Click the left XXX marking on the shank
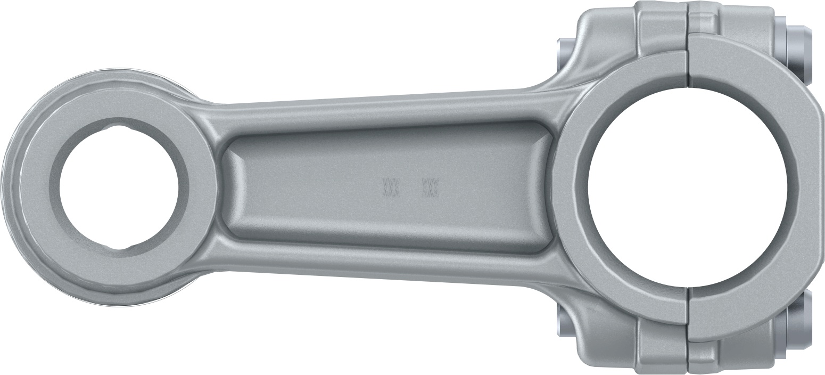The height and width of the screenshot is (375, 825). (391, 188)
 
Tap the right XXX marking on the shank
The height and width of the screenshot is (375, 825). (430, 188)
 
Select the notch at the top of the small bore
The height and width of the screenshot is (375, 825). (120, 127)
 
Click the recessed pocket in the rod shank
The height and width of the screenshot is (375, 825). (383, 186)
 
